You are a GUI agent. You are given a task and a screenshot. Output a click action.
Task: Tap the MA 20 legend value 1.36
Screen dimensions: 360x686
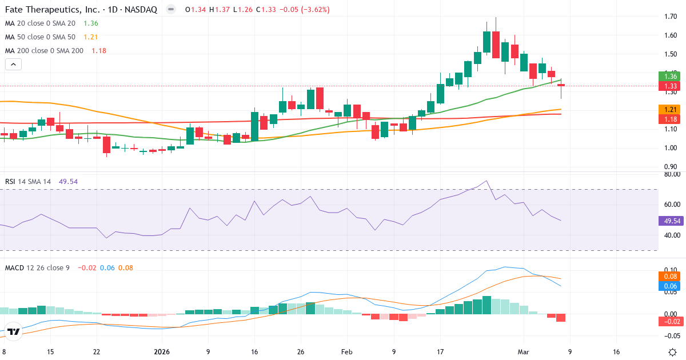[x=91, y=23]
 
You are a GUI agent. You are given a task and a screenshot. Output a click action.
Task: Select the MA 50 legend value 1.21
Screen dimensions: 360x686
[x=91, y=37]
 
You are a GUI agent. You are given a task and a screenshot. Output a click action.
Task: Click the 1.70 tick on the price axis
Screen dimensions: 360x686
[x=671, y=17]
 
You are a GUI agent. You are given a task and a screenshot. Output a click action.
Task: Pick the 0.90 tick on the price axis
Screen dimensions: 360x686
[x=671, y=167]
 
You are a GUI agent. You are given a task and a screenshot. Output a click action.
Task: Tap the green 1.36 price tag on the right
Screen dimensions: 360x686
[x=671, y=76]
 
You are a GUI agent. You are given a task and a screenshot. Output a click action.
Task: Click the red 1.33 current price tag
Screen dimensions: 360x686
[x=671, y=86]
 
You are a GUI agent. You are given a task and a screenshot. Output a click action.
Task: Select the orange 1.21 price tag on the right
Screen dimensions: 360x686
[x=671, y=109]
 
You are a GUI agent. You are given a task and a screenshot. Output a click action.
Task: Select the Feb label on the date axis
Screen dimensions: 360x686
[x=347, y=352]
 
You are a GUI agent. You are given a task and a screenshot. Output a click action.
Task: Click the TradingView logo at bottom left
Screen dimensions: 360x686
[x=14, y=331]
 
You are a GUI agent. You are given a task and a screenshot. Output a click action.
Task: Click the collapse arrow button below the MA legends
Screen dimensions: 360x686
[x=13, y=65]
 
